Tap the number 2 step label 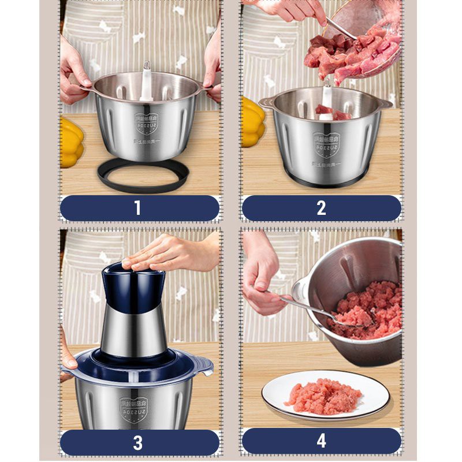coord(321,208)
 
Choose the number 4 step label coord(321,442)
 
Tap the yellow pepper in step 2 coord(253,121)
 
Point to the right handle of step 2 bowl coord(384,104)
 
